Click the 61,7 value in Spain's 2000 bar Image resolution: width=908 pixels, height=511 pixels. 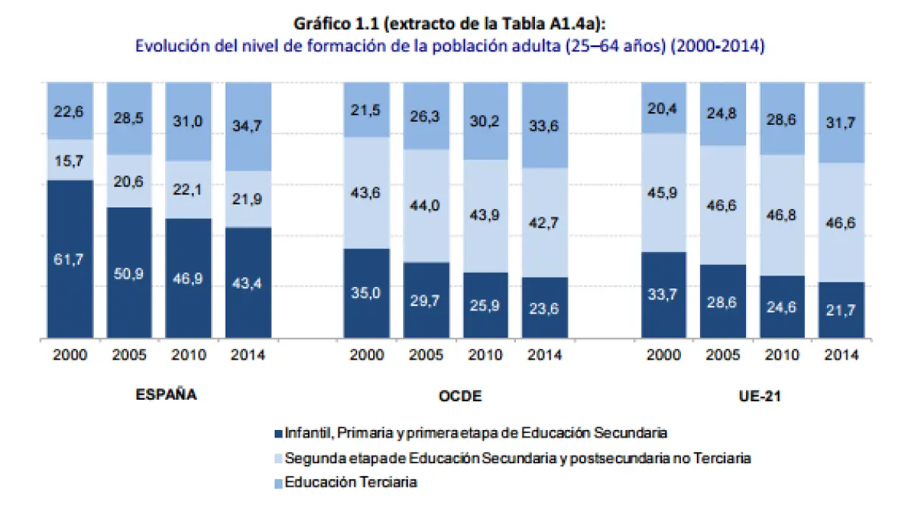tap(69, 259)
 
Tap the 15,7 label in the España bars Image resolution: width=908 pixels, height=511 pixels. tap(69, 161)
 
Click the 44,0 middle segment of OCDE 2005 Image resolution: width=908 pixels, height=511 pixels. tap(426, 206)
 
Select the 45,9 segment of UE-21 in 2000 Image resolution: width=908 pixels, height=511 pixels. tap(664, 193)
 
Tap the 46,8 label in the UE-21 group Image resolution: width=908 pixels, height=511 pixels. tap(782, 215)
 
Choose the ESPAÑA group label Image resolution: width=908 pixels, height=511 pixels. tap(166, 394)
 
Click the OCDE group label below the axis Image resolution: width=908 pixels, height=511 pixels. tap(459, 395)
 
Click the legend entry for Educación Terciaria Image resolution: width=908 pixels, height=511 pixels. tap(350, 482)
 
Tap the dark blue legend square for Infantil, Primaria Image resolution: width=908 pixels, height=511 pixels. tap(277, 434)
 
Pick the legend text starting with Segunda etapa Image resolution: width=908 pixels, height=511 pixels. tap(518, 458)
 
